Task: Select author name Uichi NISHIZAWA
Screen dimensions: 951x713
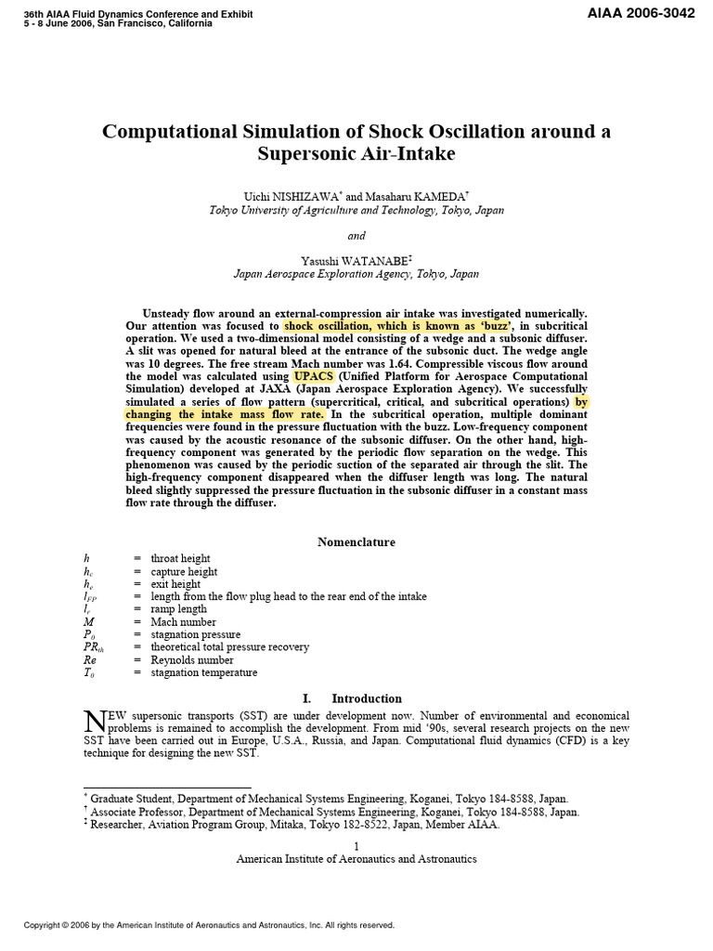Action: (x=279, y=196)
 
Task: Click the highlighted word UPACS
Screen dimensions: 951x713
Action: (x=316, y=376)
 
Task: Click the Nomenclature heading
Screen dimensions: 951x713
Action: (x=356, y=541)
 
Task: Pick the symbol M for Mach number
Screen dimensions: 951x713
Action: (x=88, y=622)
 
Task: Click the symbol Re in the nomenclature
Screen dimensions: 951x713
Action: (x=89, y=660)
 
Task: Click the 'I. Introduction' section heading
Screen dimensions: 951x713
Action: (x=356, y=698)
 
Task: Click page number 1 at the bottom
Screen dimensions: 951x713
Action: (x=356, y=844)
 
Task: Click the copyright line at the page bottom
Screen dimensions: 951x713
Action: (x=209, y=925)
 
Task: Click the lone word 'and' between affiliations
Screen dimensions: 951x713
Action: (x=356, y=236)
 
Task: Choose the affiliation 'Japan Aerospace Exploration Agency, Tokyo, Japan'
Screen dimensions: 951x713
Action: (x=356, y=275)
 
